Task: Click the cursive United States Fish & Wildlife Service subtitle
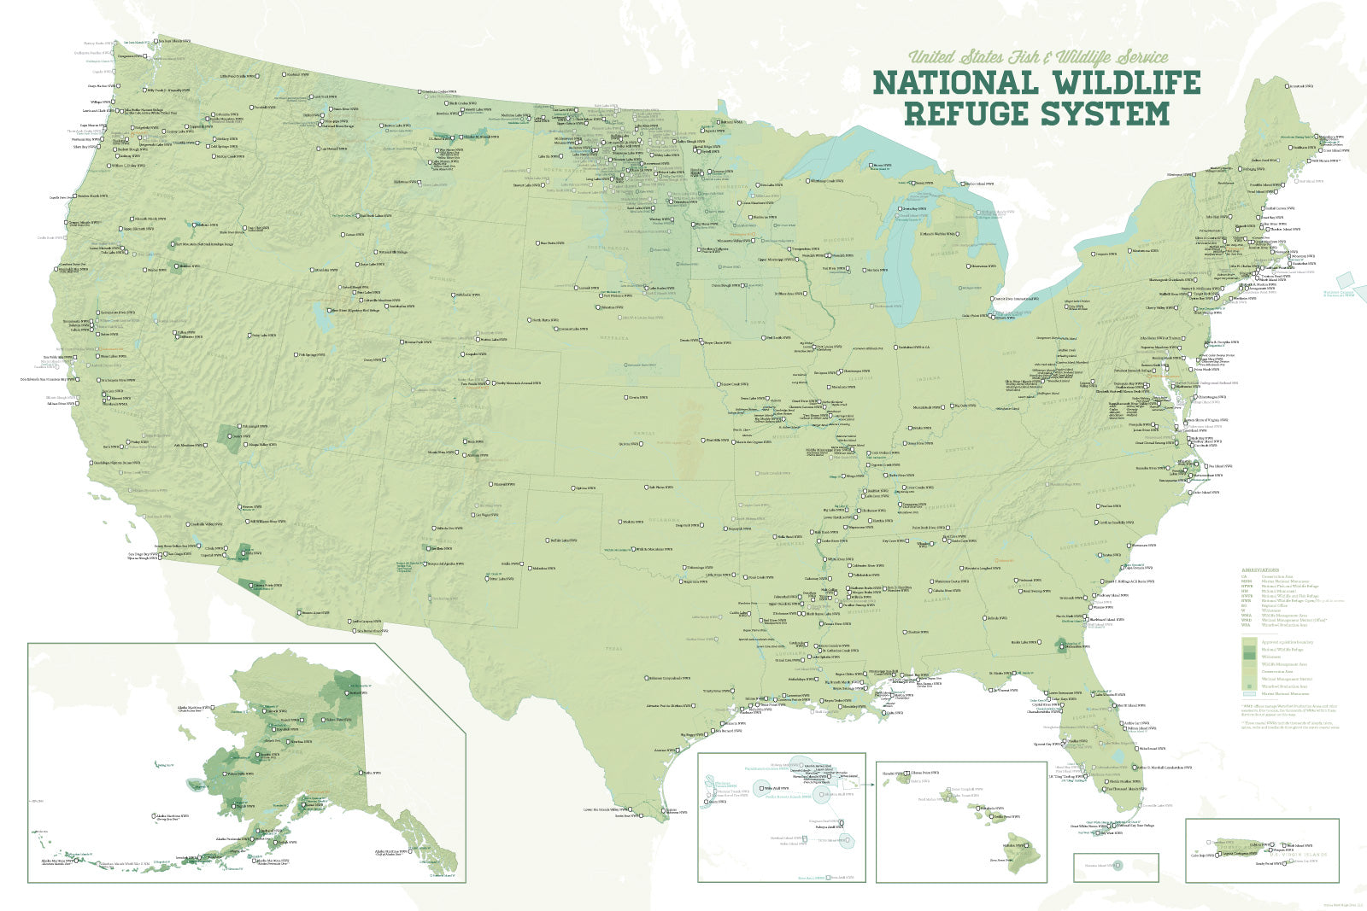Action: coord(1037,57)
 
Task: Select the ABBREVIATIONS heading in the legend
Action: coord(1261,569)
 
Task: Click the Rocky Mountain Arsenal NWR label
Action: coord(518,383)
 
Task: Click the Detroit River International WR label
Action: coord(1017,299)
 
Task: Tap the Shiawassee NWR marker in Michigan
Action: coord(971,266)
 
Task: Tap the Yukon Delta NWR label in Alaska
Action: coord(239,774)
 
